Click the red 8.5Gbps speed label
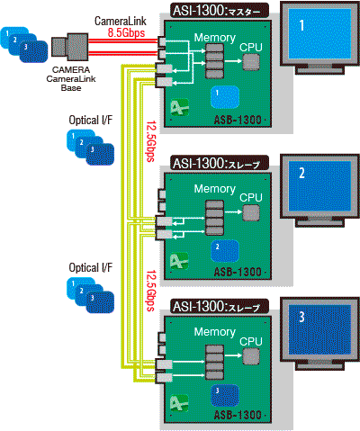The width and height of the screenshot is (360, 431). coord(126,32)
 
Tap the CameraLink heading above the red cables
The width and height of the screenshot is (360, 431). coord(121,21)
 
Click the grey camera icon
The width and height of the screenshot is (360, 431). coord(69,47)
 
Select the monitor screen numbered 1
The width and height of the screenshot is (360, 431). coord(319,33)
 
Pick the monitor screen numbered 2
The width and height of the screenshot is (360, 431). coord(319,186)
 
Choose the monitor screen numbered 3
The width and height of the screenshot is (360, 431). coord(319,330)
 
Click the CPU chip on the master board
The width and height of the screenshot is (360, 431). coord(251,62)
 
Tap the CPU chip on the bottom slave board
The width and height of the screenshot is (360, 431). coord(251,356)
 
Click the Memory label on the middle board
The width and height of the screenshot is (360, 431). coord(215,189)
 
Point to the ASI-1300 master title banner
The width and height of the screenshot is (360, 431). coord(220,11)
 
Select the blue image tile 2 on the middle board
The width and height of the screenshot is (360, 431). coord(225,251)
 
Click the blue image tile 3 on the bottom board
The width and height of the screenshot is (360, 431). coord(225,395)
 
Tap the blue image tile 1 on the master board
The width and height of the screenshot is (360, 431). coord(225,97)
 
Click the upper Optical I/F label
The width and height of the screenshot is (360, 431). coord(91,121)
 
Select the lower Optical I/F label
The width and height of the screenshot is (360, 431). coord(91,267)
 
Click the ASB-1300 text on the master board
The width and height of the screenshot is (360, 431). coord(238,120)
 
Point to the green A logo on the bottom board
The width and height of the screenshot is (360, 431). coord(180,403)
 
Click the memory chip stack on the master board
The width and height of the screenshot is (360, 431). coord(215,61)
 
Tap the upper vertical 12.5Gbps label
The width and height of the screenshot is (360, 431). coord(151,141)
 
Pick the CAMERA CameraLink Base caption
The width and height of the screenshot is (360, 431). coord(71,79)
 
